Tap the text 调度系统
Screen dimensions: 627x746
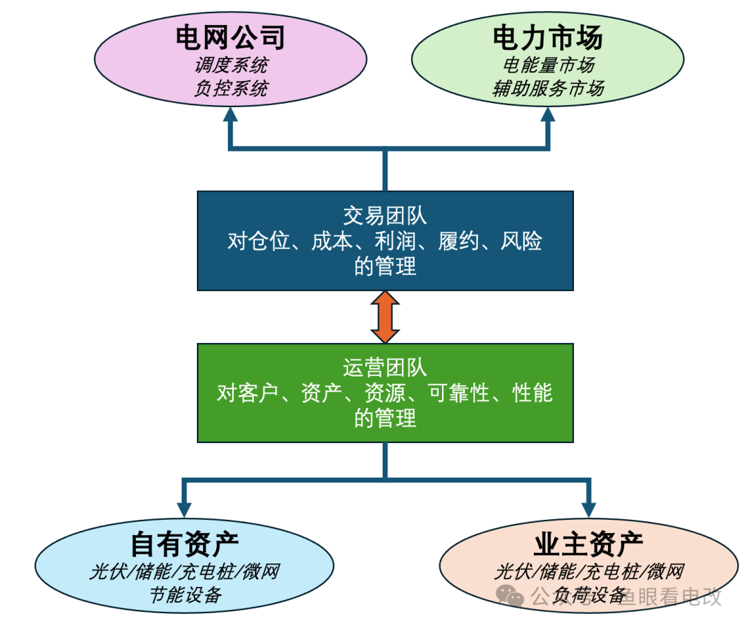point(231,66)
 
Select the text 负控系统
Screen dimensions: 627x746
point(231,88)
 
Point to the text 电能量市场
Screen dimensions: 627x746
point(548,66)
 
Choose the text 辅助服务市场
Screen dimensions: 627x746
point(548,88)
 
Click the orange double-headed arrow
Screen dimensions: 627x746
point(385,317)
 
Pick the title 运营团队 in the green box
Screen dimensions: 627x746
point(385,367)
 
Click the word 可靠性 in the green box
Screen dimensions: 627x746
point(459,393)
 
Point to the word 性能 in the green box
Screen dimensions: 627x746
point(532,393)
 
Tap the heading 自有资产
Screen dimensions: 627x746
point(184,545)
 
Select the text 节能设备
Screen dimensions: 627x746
point(184,594)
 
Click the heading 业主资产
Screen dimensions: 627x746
point(589,545)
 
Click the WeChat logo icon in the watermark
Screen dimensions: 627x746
point(511,596)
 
